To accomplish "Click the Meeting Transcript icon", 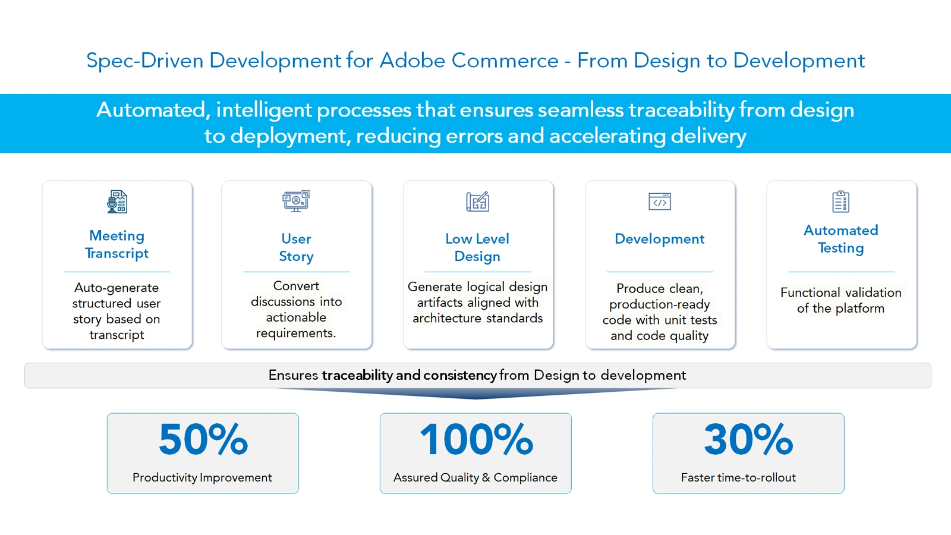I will [x=117, y=202].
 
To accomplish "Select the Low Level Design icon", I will [x=477, y=202].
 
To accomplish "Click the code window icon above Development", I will [x=659, y=202].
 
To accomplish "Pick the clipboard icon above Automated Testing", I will [x=840, y=202].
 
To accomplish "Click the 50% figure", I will [x=203, y=440].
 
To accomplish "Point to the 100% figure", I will [x=476, y=440].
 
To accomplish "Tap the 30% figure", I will [x=748, y=440].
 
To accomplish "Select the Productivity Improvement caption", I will [x=202, y=477].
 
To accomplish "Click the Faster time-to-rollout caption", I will [x=738, y=477].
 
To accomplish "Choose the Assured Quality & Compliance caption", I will [x=475, y=477].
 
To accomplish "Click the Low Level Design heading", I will [x=477, y=247].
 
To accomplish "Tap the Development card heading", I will [x=659, y=239].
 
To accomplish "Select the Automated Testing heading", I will [x=840, y=239].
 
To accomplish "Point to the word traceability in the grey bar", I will [x=357, y=376].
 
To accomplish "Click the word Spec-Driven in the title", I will [x=144, y=61].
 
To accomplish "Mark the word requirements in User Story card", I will [x=296, y=333].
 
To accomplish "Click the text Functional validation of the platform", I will [x=840, y=300].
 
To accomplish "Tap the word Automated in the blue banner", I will [x=151, y=110].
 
